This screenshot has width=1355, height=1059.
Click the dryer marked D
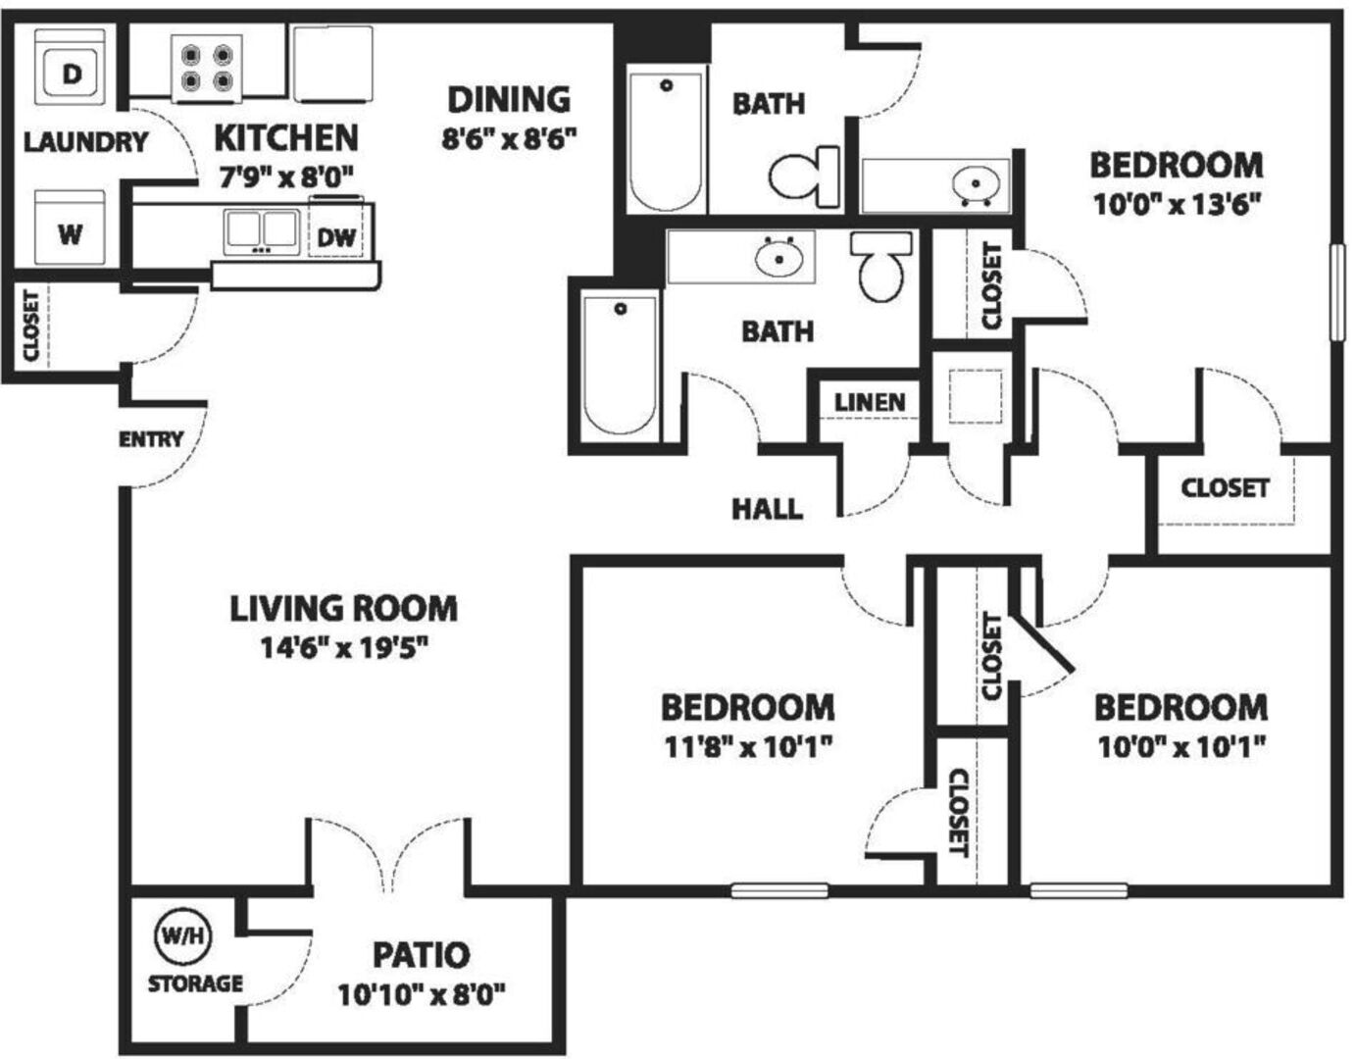(71, 67)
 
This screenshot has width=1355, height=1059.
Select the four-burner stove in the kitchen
(207, 69)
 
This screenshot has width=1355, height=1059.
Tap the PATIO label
(422, 955)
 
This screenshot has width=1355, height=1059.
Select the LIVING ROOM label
(343, 608)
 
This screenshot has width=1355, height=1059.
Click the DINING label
(509, 100)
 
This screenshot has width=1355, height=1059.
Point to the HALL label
(767, 509)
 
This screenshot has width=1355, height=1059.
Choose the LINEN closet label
(870, 403)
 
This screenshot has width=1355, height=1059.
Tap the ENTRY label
(151, 439)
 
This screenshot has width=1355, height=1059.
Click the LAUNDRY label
(86, 142)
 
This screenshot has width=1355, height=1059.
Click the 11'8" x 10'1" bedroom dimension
(747, 746)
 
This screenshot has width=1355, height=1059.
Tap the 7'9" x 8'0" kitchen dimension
(285, 178)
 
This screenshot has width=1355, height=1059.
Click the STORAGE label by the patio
(195, 983)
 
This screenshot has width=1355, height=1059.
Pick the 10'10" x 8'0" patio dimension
(422, 995)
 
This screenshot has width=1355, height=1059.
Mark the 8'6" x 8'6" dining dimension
(509, 139)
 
